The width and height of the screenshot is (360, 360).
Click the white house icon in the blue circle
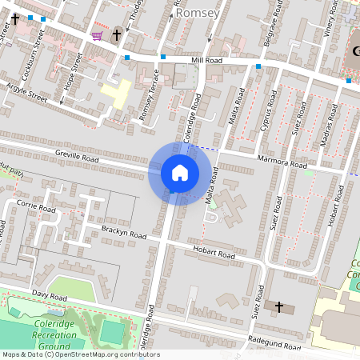click(179, 173)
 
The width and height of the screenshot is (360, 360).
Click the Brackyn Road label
click(124, 234)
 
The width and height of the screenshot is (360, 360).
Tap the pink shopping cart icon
click(97, 35)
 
